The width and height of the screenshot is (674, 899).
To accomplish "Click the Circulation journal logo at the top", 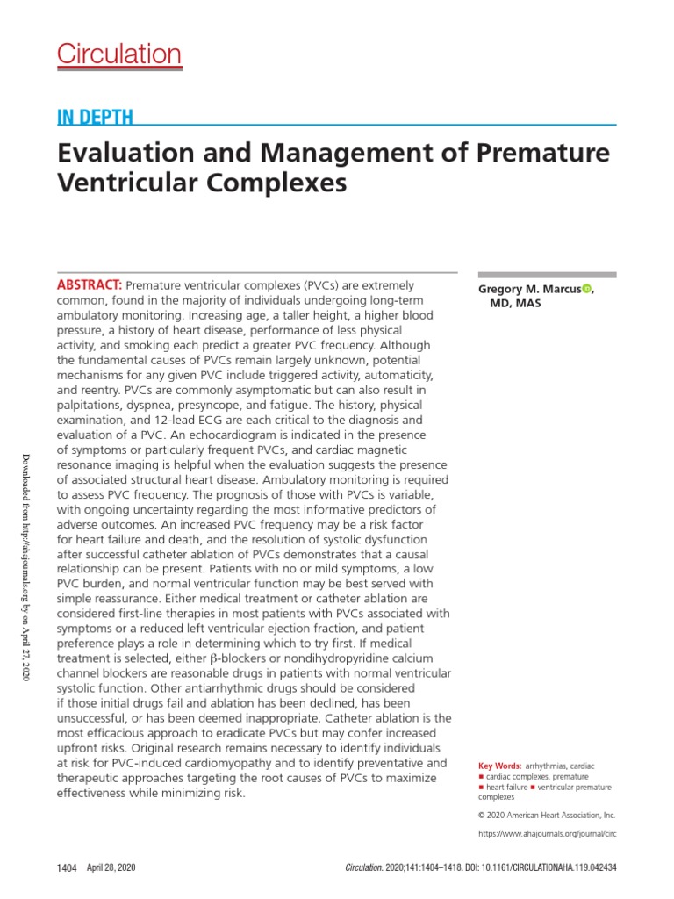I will (119, 54).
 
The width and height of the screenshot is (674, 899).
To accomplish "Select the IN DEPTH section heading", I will (95, 119).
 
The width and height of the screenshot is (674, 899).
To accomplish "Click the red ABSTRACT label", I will (90, 285).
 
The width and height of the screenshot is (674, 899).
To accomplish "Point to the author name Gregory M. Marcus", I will (529, 289).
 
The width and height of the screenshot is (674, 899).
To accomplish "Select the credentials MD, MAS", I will (520, 303).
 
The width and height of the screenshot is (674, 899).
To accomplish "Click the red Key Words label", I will (499, 766).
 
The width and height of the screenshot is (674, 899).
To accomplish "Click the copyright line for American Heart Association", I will (547, 815).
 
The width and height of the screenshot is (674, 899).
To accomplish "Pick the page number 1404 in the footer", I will (68, 867).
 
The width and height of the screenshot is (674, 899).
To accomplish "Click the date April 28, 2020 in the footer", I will (111, 867).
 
